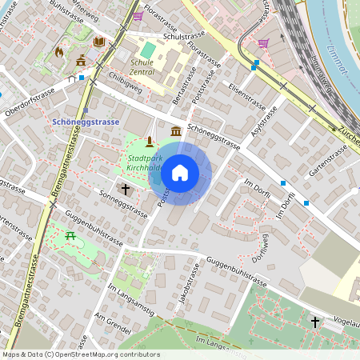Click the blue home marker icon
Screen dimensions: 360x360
180,173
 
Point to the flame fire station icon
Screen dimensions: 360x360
58,52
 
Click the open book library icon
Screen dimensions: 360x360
99,42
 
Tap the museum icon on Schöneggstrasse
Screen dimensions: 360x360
175,130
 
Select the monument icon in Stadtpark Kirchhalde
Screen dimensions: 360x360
149,142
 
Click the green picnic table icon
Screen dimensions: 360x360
70,234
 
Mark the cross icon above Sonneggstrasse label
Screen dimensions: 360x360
125,189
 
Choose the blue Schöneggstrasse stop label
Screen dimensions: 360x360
85,121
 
